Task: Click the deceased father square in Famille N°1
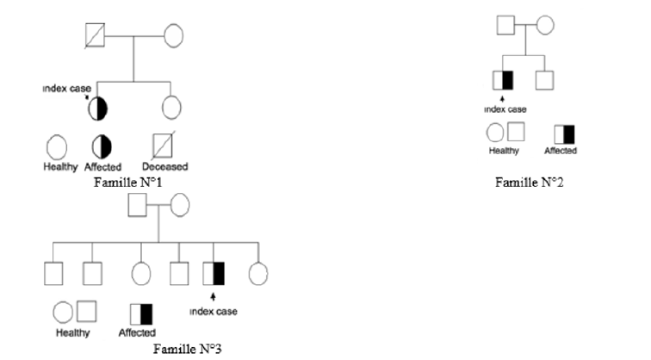[95, 36]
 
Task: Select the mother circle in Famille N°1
[173, 37]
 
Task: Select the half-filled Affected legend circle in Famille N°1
[102, 145]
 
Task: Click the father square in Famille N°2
[506, 25]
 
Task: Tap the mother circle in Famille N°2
[545, 25]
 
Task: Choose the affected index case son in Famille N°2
[503, 81]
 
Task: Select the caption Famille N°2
[529, 182]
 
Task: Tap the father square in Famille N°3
[137, 205]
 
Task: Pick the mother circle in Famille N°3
[180, 205]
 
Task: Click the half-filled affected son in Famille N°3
[213, 272]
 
